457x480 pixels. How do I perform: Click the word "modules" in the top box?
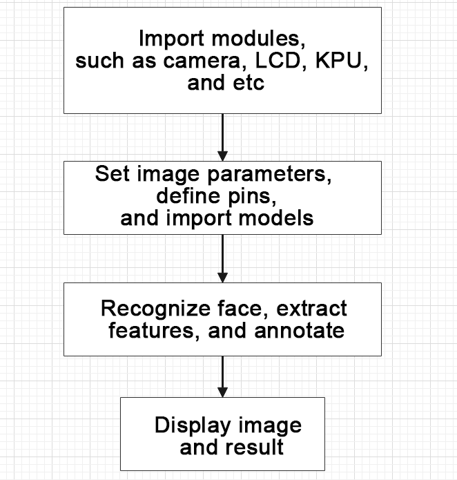tap(258, 38)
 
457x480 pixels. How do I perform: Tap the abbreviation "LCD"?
tap(278, 60)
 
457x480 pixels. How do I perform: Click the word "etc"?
tap(249, 83)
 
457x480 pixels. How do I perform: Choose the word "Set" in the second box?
tap(113, 173)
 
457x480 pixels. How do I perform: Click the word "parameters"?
tap(269, 175)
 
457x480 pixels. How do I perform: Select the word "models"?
tap(275, 218)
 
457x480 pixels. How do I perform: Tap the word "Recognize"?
tap(155, 309)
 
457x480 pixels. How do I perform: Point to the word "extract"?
tap(311, 309)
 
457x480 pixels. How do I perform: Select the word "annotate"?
tap(299, 331)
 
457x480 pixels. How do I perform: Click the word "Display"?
tap(193, 425)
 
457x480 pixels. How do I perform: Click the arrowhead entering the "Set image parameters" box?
tap(222, 156)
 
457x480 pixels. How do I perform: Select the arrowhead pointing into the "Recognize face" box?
tap(222, 278)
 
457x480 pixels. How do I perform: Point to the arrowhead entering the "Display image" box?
tap(222, 392)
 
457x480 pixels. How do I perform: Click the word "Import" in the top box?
tap(171, 39)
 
